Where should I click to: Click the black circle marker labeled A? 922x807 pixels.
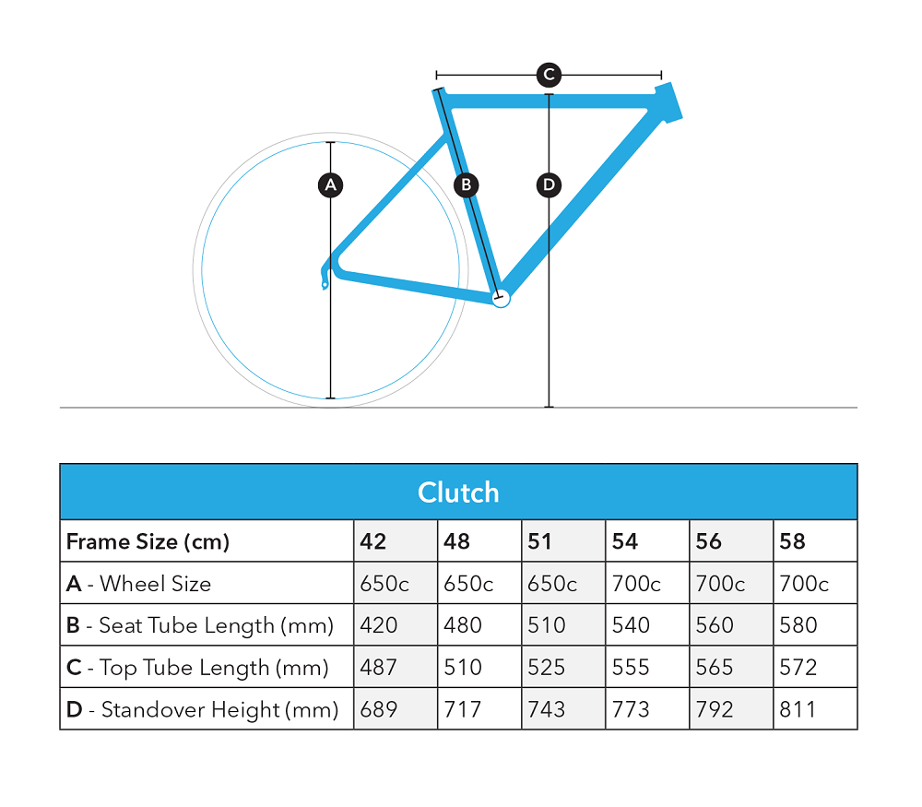[x=330, y=185]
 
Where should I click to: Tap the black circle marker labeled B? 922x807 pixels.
[x=467, y=185]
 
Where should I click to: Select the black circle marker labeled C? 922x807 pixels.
[x=549, y=75]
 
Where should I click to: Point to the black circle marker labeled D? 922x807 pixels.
[x=549, y=185]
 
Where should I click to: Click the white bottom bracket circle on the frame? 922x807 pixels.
[x=501, y=299]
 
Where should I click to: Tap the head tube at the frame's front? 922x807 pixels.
[x=669, y=102]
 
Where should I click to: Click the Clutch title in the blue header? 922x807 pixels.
[x=458, y=493]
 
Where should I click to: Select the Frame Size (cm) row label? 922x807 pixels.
[x=148, y=541]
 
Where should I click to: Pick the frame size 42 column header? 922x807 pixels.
[x=372, y=541]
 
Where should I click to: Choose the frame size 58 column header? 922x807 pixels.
[x=792, y=541]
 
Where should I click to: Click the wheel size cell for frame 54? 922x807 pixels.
[x=636, y=584]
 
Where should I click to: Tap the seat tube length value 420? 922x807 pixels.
[x=379, y=625]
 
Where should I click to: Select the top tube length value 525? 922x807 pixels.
[x=546, y=668]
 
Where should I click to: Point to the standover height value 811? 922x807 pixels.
[x=798, y=709]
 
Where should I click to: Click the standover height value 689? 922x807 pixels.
[x=379, y=709]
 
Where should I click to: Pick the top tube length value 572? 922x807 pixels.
[x=798, y=668]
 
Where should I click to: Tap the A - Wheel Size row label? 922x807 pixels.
[x=138, y=584]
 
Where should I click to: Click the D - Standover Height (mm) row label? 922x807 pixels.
[x=202, y=710]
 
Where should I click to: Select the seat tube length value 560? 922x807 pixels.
[x=715, y=625]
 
